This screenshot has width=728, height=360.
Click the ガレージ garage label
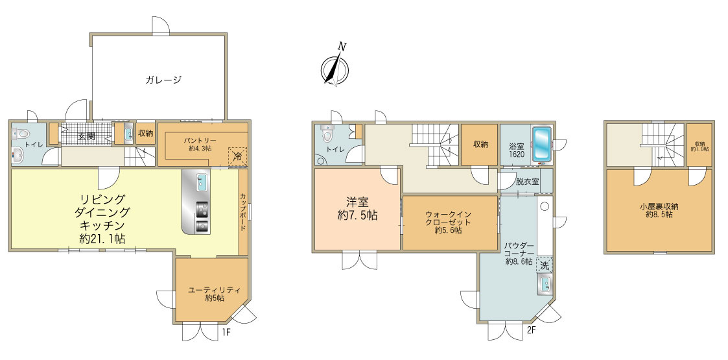pos(163,80)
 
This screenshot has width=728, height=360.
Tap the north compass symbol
pos(335,66)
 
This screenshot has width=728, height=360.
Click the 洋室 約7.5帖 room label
pos(357,209)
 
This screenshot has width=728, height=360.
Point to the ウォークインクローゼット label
pos(449,222)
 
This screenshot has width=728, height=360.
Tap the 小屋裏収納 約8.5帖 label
pos(659,211)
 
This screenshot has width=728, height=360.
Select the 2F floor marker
pos(532,331)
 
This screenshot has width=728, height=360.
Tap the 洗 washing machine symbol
pos(545,266)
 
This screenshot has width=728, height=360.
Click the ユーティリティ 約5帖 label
pos(214,294)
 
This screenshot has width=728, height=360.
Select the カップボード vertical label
pos(243,214)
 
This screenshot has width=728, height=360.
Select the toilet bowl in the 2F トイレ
pos(327,135)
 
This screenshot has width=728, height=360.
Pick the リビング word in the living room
pos(102,199)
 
